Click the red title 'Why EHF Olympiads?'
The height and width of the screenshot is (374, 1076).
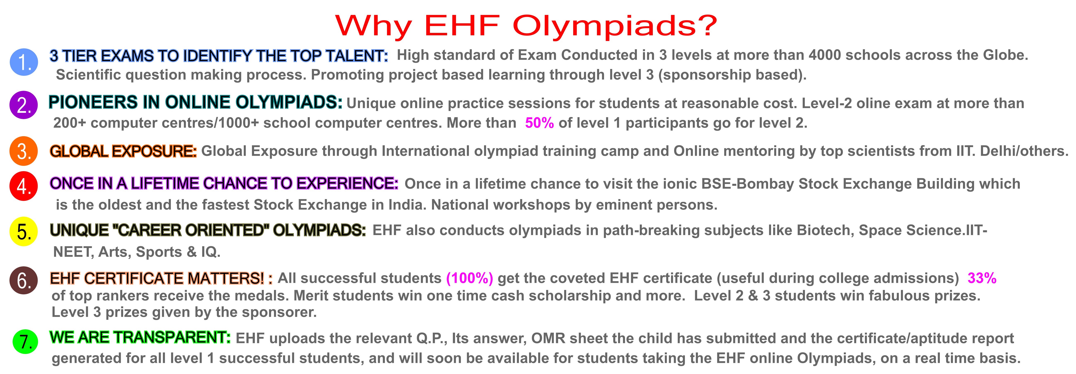(x=526, y=26)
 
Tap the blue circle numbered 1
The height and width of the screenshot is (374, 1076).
(x=24, y=62)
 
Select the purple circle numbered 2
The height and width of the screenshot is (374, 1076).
(x=24, y=105)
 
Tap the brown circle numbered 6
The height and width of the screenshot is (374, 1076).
(x=24, y=280)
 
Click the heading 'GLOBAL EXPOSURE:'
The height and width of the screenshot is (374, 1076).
(x=123, y=151)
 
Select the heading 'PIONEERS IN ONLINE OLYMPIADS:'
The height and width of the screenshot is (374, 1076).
(x=196, y=102)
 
